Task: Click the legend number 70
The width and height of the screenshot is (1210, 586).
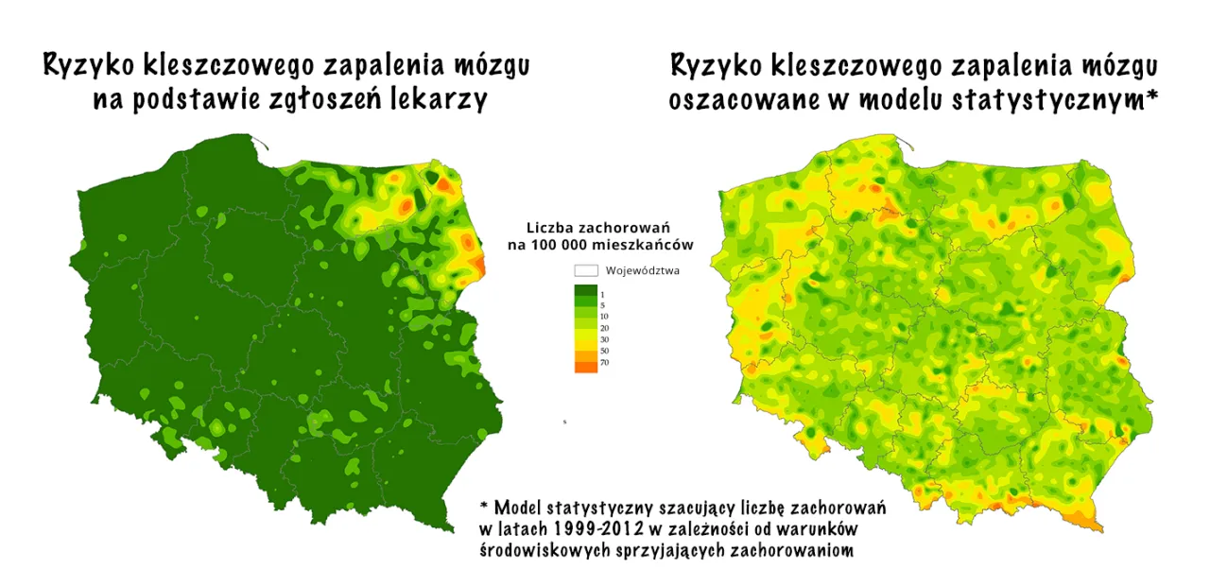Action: (x=605, y=363)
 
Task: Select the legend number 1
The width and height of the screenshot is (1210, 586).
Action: (x=603, y=295)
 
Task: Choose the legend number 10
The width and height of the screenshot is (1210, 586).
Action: (x=605, y=316)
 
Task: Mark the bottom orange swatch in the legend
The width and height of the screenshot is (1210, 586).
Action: (x=585, y=365)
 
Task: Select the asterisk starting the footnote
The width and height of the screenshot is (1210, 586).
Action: (x=483, y=504)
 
